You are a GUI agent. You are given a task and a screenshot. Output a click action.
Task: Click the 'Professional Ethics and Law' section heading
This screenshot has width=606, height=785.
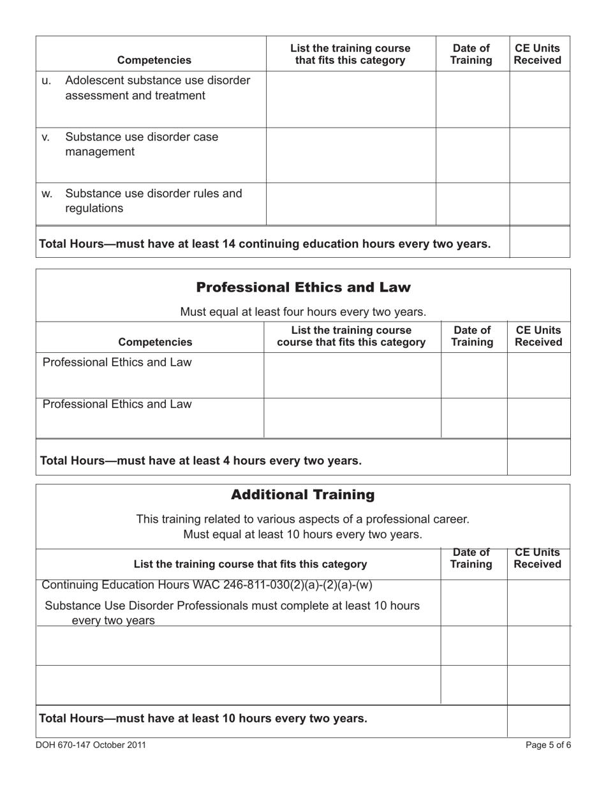point(303,287)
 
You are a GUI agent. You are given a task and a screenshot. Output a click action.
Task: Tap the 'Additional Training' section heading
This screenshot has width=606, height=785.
point(303,495)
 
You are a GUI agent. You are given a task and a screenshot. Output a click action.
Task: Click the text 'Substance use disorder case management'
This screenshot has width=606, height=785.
point(142,144)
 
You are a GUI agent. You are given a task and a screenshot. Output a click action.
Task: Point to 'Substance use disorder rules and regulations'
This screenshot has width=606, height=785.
point(154,200)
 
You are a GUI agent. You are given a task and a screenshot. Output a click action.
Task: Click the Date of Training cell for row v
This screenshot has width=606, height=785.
point(472,155)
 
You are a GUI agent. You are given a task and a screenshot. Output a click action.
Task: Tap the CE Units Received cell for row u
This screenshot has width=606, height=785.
point(540,100)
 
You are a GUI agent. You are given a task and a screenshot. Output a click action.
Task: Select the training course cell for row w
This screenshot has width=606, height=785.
point(351,204)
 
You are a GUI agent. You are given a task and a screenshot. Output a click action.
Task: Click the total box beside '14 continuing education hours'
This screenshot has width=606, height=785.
point(540,242)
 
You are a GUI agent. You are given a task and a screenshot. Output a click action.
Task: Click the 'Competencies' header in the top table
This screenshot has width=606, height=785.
point(154,61)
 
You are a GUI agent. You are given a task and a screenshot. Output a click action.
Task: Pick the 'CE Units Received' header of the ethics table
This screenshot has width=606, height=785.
point(538,336)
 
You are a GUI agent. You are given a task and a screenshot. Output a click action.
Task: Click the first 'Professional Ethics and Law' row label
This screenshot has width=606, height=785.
point(117,363)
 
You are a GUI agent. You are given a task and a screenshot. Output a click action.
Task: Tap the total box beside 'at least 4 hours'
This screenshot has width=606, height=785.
point(538,457)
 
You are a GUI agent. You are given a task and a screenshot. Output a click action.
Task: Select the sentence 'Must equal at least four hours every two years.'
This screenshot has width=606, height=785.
point(303,312)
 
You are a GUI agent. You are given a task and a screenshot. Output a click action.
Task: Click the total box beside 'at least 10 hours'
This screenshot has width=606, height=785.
point(538,721)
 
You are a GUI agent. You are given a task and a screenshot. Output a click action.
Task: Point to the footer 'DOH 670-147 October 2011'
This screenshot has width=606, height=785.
point(86,744)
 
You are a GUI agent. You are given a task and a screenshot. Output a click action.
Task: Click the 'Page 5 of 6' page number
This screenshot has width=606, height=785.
point(549,744)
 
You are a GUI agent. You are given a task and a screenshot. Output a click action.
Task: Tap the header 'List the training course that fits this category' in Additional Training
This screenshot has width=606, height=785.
point(250,564)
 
